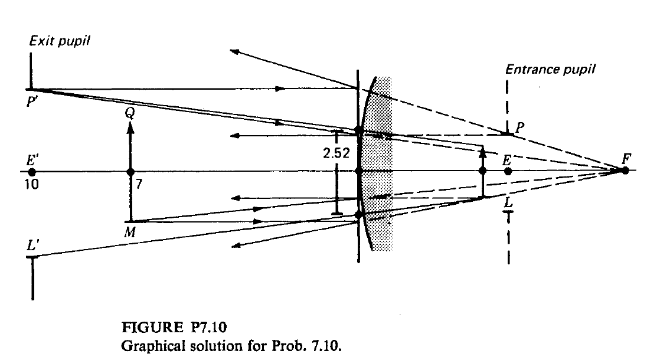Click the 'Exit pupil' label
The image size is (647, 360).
[x=60, y=41]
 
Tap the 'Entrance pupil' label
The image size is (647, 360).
[x=550, y=70]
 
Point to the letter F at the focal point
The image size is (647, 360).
[x=626, y=158]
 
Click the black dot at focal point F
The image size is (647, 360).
[x=625, y=171]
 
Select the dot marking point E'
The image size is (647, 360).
[x=32, y=172]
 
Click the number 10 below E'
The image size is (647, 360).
[x=31, y=184]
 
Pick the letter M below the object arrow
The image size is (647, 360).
[x=129, y=233]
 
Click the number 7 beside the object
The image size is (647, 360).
[x=139, y=184]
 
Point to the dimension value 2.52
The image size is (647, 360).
[x=336, y=153]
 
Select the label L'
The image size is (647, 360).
[x=33, y=246]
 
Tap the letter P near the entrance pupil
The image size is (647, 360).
[x=519, y=127]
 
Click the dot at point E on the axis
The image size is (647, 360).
[x=508, y=171]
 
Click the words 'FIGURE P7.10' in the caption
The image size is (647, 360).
[x=174, y=328]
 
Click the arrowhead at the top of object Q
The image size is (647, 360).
[x=130, y=127]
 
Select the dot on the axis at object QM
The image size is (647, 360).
[x=131, y=172]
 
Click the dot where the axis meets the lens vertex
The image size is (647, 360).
[x=359, y=171]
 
